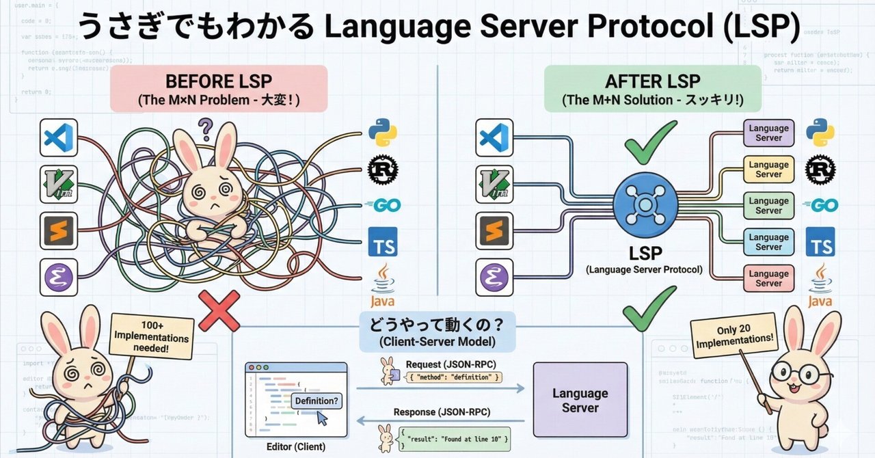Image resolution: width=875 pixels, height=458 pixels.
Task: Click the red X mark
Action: tap(219, 310)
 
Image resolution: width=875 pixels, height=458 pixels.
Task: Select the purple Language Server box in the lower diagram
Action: tap(580, 400)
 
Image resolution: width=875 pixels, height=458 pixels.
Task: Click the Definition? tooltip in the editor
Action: tap(316, 401)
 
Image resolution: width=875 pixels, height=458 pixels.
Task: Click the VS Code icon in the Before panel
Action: tap(59, 137)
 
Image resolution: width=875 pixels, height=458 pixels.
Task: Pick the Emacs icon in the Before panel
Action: tap(59, 277)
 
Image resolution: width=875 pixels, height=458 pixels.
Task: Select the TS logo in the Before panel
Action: tap(383, 241)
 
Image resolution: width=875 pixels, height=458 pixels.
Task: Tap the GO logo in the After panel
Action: tap(820, 205)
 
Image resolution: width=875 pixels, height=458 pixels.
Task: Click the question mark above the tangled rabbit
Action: tap(204, 127)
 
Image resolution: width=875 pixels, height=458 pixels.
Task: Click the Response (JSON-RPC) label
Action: tap(441, 412)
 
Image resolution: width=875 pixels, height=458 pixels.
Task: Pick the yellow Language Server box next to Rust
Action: tap(768, 169)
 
